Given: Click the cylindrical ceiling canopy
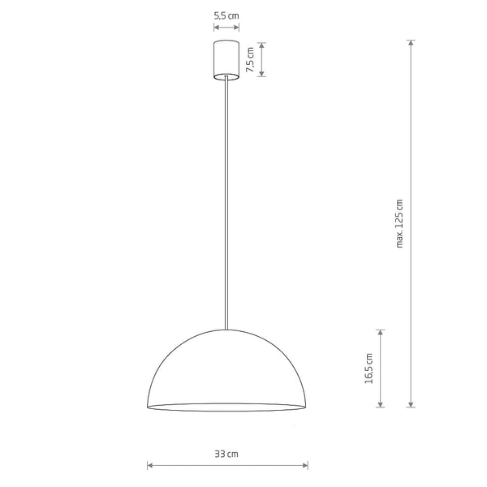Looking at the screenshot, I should coord(226,59).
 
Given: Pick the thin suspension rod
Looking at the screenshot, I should coord(226,203).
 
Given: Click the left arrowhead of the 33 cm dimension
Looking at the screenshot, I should coord(149,465).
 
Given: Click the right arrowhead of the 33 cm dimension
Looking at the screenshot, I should coord(306,465).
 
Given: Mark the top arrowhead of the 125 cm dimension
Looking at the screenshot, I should coord(412,42).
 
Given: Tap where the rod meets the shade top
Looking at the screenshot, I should coord(226,329).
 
